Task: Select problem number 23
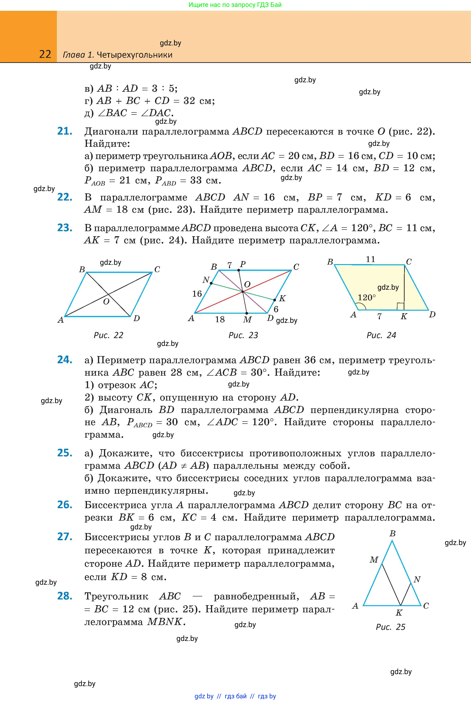[65, 228]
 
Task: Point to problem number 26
[65, 505]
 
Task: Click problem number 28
[65, 596]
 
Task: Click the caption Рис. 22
[108, 335]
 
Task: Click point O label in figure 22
[106, 302]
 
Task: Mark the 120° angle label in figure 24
[367, 298]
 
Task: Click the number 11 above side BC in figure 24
[370, 259]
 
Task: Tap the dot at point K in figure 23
[275, 300]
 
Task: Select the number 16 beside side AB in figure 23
[197, 294]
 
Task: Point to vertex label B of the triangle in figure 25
[392, 533]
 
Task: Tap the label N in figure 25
[417, 579]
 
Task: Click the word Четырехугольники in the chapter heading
[135, 55]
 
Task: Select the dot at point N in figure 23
[211, 283]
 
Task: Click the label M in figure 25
[374, 559]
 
